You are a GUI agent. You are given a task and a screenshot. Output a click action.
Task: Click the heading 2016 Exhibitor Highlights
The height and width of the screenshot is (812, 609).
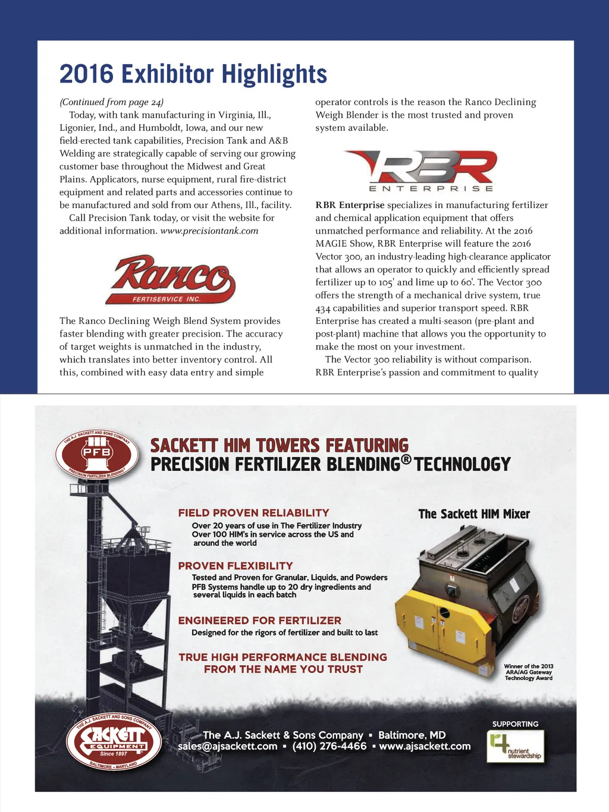[193, 74]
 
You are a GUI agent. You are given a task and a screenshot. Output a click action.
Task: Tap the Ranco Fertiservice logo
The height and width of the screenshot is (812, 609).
[171, 279]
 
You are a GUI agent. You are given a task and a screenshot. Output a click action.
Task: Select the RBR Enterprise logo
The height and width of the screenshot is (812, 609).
[420, 171]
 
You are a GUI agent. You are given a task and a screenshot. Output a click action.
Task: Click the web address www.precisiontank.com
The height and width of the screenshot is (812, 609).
[209, 231]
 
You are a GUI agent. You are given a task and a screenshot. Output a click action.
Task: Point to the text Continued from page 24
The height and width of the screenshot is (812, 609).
[112, 102]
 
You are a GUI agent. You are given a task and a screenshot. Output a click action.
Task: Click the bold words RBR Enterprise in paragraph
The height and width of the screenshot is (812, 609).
[350, 205]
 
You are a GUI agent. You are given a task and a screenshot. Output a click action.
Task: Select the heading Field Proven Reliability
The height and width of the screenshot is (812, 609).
[253, 512]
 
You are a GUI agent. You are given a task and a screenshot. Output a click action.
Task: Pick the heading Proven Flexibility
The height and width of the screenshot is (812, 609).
[236, 565]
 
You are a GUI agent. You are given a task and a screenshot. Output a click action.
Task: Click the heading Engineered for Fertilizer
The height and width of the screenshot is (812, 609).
[260, 620]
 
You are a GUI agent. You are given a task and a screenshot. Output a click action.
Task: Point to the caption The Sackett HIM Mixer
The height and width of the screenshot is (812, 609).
[474, 514]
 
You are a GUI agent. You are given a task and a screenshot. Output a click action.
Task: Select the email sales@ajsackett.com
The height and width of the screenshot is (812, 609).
[228, 746]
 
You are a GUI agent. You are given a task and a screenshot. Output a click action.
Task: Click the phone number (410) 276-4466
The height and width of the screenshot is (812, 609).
[329, 746]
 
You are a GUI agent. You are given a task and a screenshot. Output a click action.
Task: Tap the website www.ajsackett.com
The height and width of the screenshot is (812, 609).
[425, 746]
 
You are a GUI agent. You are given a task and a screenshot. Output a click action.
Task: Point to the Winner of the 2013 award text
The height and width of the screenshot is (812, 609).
[529, 672]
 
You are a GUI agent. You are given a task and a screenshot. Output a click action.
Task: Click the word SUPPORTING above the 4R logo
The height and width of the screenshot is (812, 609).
[515, 724]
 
